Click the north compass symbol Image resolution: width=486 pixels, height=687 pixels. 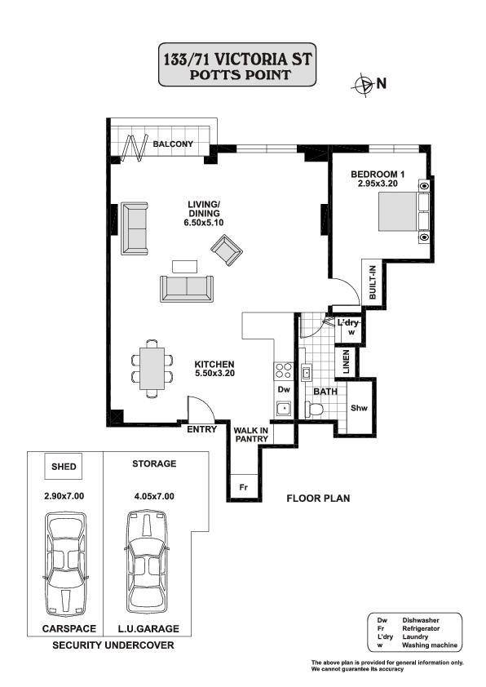pyautogui.click(x=363, y=85)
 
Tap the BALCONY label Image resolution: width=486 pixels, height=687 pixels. pyautogui.click(x=173, y=144)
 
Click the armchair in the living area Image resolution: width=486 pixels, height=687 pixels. pyautogui.click(x=227, y=250)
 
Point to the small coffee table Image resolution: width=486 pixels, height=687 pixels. pyautogui.click(x=185, y=267)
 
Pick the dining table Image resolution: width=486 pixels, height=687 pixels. pyautogui.click(x=152, y=369)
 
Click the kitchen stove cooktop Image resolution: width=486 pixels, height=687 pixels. pyautogui.click(x=284, y=370)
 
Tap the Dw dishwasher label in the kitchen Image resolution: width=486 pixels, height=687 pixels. pyautogui.click(x=284, y=389)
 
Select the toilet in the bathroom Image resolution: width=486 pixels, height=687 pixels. pyautogui.click(x=314, y=410)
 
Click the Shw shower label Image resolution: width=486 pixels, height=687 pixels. pyautogui.click(x=360, y=408)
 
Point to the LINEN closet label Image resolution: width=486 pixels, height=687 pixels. pyautogui.click(x=347, y=361)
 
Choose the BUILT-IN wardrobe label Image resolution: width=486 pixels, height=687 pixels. pyautogui.click(x=373, y=282)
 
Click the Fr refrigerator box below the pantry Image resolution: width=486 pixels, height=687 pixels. pyautogui.click(x=244, y=487)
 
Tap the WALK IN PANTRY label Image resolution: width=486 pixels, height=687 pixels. pyautogui.click(x=251, y=435)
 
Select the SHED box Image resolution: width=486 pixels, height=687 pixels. pyautogui.click(x=64, y=466)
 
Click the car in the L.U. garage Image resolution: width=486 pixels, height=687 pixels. pyautogui.click(x=147, y=561)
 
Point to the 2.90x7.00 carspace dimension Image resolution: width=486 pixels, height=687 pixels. pyautogui.click(x=64, y=496)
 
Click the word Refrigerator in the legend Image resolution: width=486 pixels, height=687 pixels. pyautogui.click(x=421, y=628)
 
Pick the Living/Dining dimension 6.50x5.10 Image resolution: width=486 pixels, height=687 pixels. pyautogui.click(x=204, y=223)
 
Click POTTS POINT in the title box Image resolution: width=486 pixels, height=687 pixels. pyautogui.click(x=240, y=74)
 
